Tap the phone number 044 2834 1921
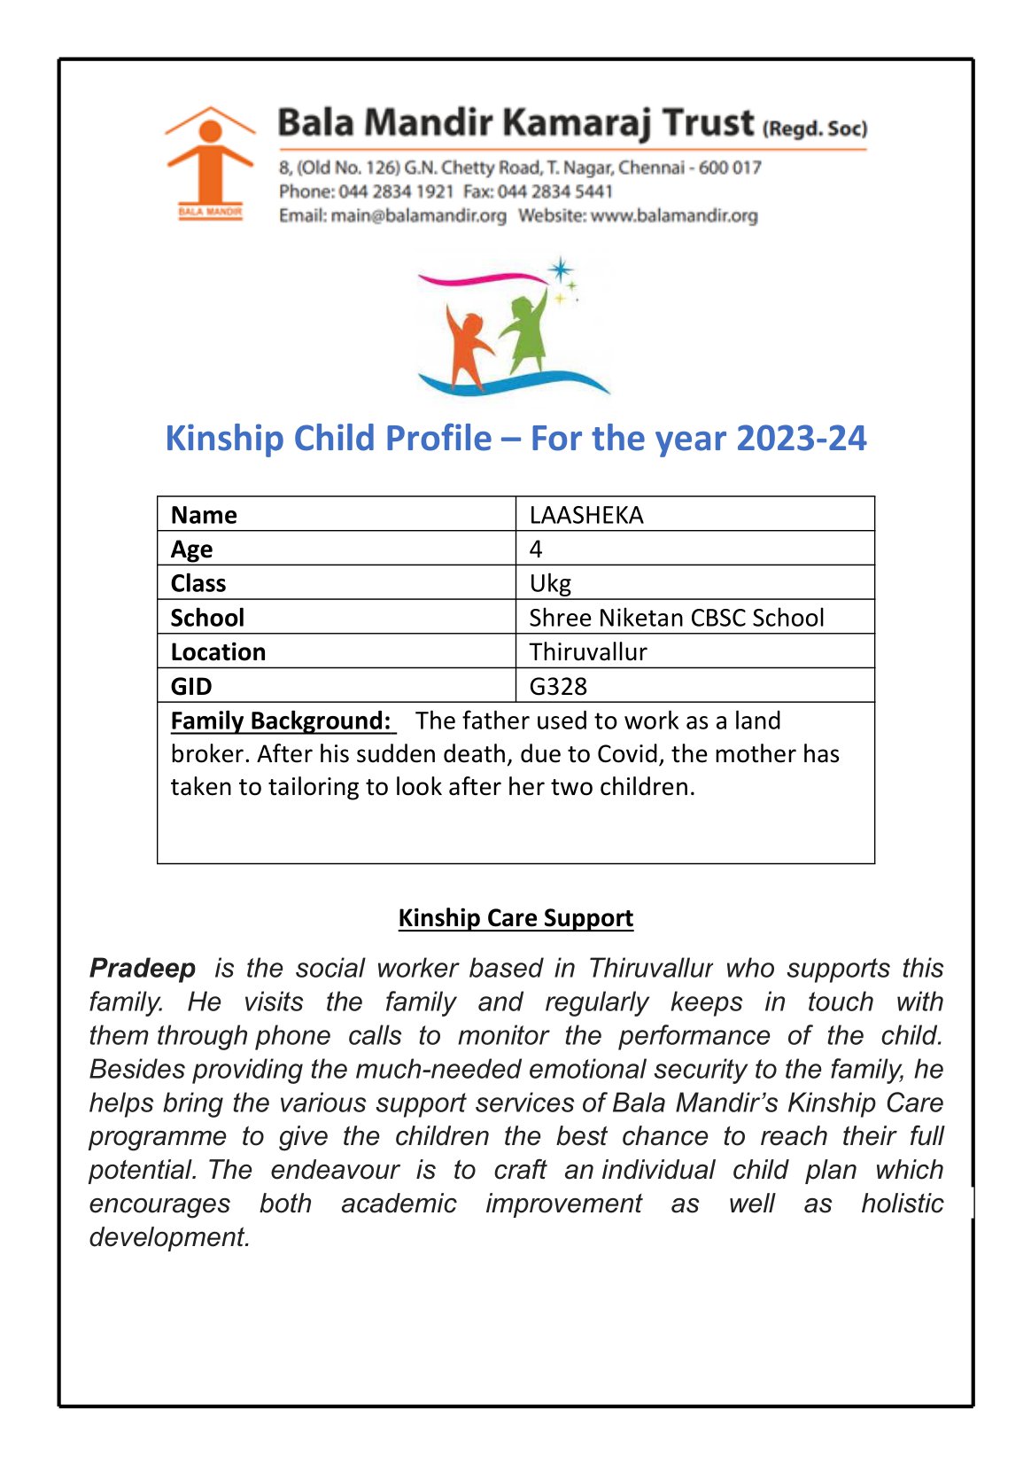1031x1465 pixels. click(x=396, y=191)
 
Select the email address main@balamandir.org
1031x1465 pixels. click(x=418, y=215)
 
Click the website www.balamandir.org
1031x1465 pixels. click(x=674, y=215)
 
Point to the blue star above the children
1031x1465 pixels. click(x=560, y=269)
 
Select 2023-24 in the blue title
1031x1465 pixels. click(x=801, y=439)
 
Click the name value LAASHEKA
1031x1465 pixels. click(x=586, y=515)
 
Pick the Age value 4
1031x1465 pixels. click(x=536, y=549)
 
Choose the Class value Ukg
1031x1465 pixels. click(x=550, y=583)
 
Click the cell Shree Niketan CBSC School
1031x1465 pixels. click(x=676, y=618)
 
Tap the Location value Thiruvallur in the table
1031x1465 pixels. click(x=588, y=652)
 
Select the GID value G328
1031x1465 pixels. click(x=558, y=686)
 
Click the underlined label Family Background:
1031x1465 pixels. click(x=281, y=721)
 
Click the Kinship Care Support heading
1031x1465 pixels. click(x=515, y=917)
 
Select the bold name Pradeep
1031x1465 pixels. click(x=143, y=968)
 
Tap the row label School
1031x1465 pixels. click(x=207, y=618)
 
